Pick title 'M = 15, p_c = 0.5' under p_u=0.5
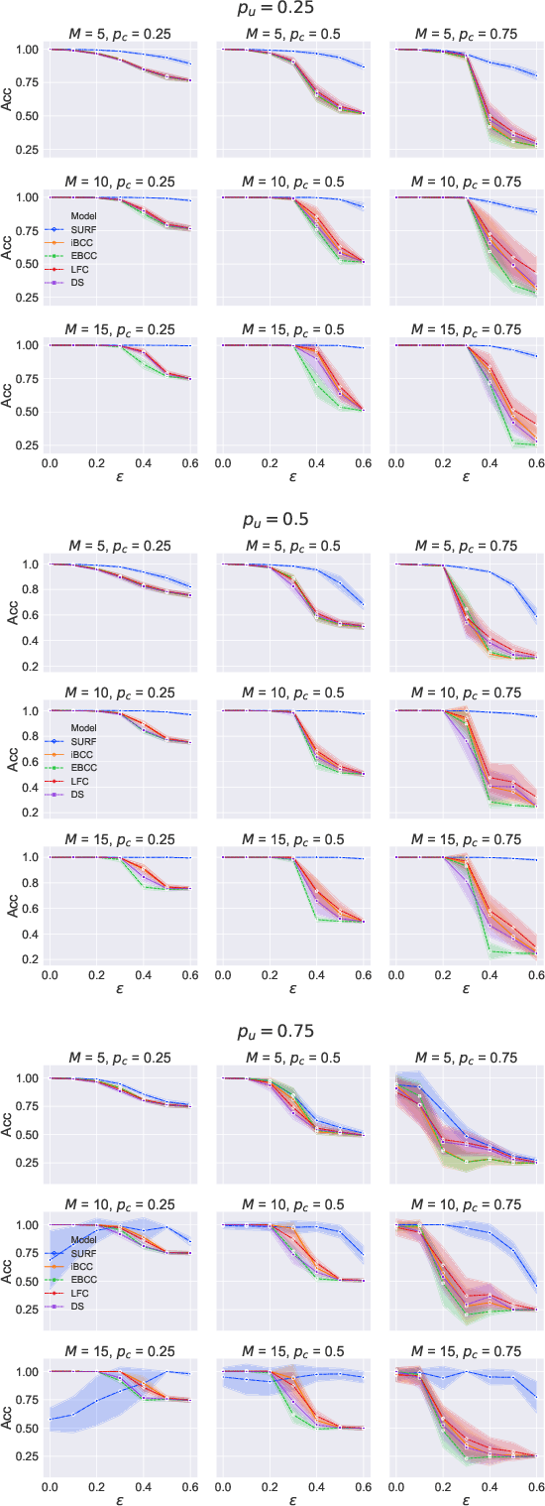(x=290, y=841)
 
